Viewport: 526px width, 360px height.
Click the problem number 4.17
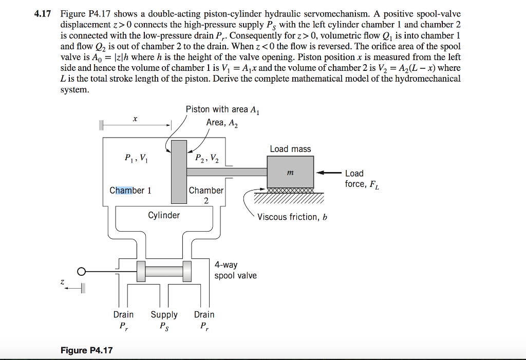click(43, 14)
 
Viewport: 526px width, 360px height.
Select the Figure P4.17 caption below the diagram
click(86, 350)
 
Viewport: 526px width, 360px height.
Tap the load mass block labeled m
click(291, 172)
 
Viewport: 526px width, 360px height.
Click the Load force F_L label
click(362, 179)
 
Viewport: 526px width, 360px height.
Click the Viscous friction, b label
click(292, 217)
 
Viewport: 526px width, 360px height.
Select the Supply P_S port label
click(164, 320)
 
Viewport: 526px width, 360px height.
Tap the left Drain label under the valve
click(123, 320)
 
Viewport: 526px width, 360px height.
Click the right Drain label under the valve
click(204, 320)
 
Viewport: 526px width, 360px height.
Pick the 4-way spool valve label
click(235, 270)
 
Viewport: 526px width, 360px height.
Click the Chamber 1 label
click(130, 191)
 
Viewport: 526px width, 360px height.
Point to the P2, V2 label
click(207, 158)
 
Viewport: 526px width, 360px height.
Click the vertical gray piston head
click(179, 172)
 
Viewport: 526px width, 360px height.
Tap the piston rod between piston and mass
click(227, 172)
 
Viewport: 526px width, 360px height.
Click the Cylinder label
click(164, 215)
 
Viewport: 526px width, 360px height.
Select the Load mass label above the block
click(291, 149)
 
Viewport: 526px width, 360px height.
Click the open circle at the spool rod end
click(82, 272)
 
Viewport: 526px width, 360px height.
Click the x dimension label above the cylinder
click(135, 119)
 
